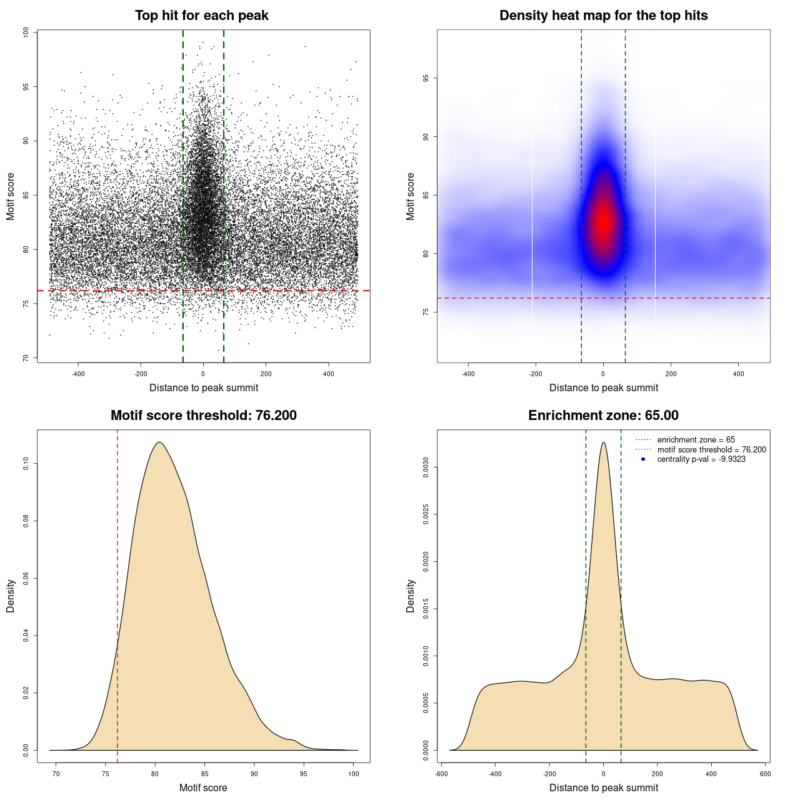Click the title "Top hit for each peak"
[201, 16]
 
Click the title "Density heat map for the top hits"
[603, 16]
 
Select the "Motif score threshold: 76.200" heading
[203, 416]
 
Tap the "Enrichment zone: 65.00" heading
[603, 416]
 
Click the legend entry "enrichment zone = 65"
[696, 440]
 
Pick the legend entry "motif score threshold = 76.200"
[711, 449]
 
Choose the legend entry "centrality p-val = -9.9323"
[701, 459]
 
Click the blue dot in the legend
[643, 459]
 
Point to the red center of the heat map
[603, 222]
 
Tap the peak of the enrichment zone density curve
[603, 442]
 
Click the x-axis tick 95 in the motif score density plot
[304, 774]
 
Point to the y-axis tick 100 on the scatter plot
[26, 32]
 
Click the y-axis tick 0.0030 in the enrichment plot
[426, 467]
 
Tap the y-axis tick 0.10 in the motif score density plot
[26, 463]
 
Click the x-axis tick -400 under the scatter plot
[78, 374]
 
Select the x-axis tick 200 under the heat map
[671, 374]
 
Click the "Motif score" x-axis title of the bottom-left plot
[203, 787]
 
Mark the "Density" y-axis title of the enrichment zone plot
[411, 596]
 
